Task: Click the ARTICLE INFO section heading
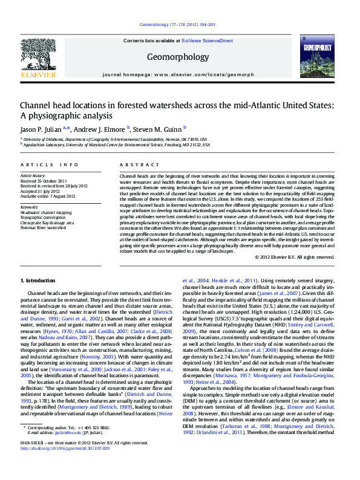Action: point(49,164)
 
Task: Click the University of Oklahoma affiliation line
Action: point(114,139)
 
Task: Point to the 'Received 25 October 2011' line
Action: point(44,181)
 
